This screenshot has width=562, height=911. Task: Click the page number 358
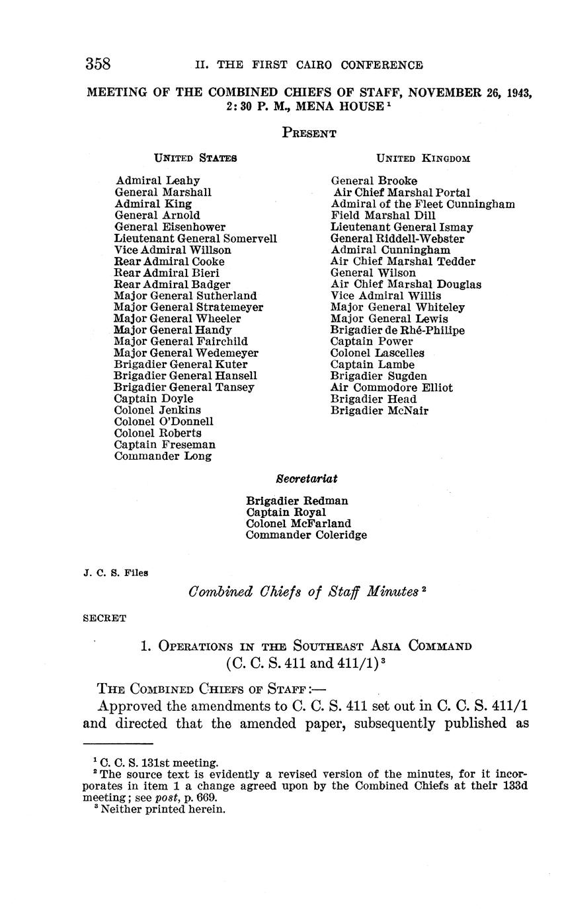(97, 64)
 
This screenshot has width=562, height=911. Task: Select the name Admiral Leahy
(157, 180)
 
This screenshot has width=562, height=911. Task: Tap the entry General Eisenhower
(170, 227)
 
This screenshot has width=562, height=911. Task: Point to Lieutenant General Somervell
(196, 238)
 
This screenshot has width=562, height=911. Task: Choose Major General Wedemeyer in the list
(186, 353)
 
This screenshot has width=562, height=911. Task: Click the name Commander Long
(163, 456)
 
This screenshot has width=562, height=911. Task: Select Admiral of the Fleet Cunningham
(422, 204)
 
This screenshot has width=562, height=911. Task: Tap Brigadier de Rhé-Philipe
(397, 330)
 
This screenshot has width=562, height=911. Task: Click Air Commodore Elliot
(391, 388)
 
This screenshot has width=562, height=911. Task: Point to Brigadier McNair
(380, 411)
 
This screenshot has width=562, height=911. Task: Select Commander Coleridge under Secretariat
(306, 535)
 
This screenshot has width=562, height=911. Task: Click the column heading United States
(196, 158)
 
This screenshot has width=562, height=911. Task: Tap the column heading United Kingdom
(423, 158)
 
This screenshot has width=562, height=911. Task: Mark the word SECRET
(104, 619)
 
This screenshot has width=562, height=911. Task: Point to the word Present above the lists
(309, 133)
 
